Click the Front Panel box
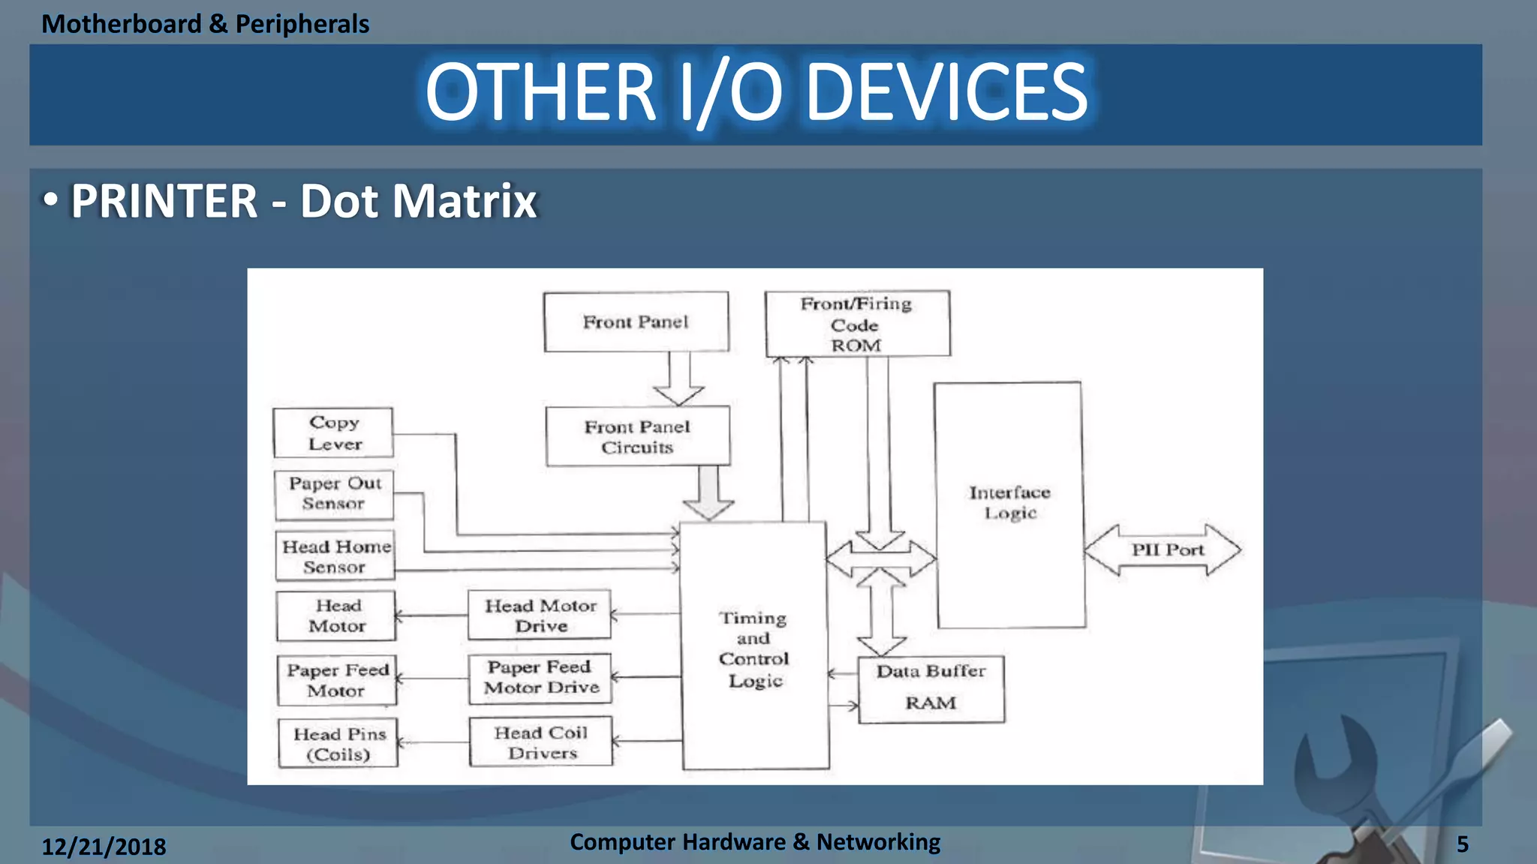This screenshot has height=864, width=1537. coord(636,322)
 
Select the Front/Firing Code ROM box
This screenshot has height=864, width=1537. coord(857,324)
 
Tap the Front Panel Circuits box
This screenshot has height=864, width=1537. coord(637,436)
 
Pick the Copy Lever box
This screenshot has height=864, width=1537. coord(333,433)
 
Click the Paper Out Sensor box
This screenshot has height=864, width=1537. coord(334,494)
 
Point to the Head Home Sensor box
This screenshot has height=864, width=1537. coord(335,556)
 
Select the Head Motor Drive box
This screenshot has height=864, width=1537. coord(540,615)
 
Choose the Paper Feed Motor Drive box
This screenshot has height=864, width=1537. coord(540,678)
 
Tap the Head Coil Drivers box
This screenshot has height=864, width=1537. coord(541,742)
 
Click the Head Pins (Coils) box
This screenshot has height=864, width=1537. coord(338,743)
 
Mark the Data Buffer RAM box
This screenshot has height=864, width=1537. coord(931,688)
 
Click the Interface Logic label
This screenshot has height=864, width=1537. coord(1009,502)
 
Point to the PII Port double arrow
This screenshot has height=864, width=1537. coord(1163,550)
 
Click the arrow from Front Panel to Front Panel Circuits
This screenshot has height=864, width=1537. coord(678,379)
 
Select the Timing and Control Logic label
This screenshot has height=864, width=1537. coord(753,649)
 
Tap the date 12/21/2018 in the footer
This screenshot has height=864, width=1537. coord(104,847)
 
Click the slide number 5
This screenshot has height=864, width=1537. coord(1462,844)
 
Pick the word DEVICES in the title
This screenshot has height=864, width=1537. coord(946,92)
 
